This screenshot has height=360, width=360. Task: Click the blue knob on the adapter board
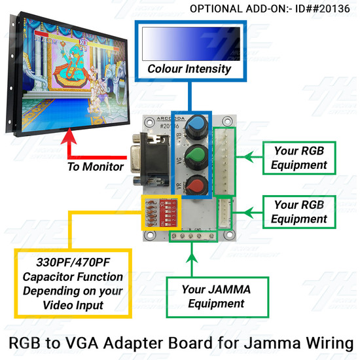pyautogui.click(x=196, y=127)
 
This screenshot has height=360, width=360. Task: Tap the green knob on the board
pyautogui.click(x=196, y=158)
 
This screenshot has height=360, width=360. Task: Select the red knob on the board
pyautogui.click(x=197, y=185)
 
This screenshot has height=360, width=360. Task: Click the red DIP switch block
pyautogui.click(x=168, y=213)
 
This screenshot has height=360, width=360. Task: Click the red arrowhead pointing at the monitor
pyautogui.click(x=69, y=136)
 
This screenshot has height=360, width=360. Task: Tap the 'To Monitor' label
pyautogui.click(x=96, y=166)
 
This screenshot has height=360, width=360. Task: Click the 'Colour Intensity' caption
pyautogui.click(x=189, y=69)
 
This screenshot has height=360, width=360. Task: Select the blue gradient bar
pyautogui.click(x=191, y=44)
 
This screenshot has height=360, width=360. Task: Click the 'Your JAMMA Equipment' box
pyautogui.click(x=217, y=297)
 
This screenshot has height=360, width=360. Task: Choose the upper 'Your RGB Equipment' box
pyautogui.click(x=299, y=158)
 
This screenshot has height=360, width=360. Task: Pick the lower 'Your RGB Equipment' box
pyautogui.click(x=299, y=212)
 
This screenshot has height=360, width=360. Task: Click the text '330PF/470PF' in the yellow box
pyautogui.click(x=73, y=262)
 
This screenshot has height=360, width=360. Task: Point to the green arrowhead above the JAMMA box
pyautogui.click(x=192, y=257)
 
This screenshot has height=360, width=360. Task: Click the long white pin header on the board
pyautogui.click(x=224, y=162)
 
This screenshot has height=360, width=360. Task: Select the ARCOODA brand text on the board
pyautogui.click(x=170, y=118)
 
